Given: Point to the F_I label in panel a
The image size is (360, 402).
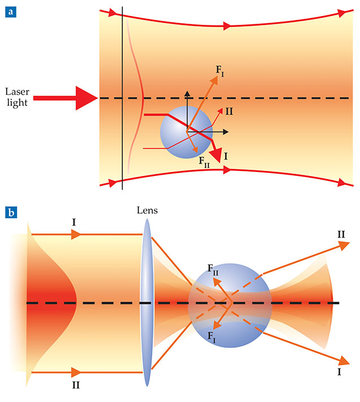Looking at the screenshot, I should point(221,70).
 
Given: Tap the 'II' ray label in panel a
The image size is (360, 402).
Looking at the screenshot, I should point(230,111).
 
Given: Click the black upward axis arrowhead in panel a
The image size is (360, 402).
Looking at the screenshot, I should point(187,92).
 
